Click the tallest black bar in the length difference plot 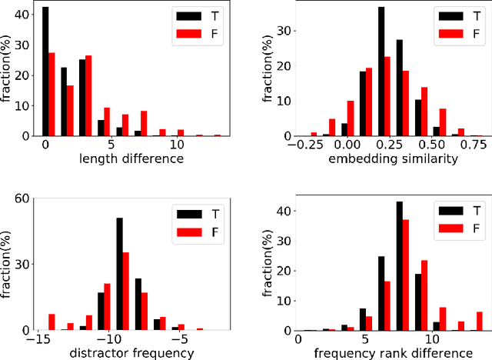[45, 72]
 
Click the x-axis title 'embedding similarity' [381, 159]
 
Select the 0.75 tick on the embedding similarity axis [477, 145]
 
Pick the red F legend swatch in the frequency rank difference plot [450, 227]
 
